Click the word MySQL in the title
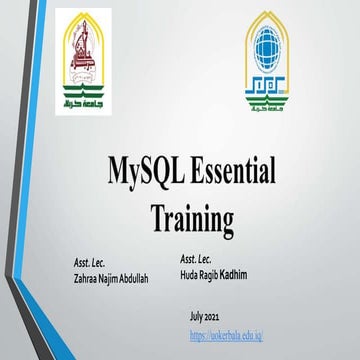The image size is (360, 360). coord(147,173)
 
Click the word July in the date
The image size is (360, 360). coord(198,315)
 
